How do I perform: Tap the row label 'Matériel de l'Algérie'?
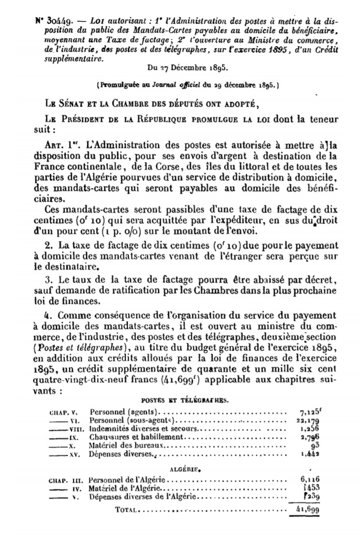coord(126,488)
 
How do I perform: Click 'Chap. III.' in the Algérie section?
coord(64,480)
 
